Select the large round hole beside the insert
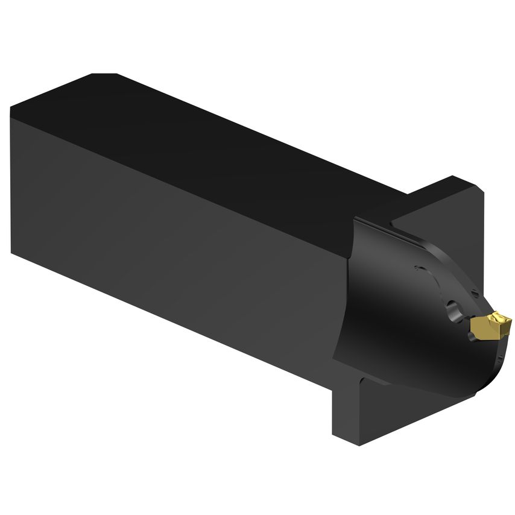tap(454, 312)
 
